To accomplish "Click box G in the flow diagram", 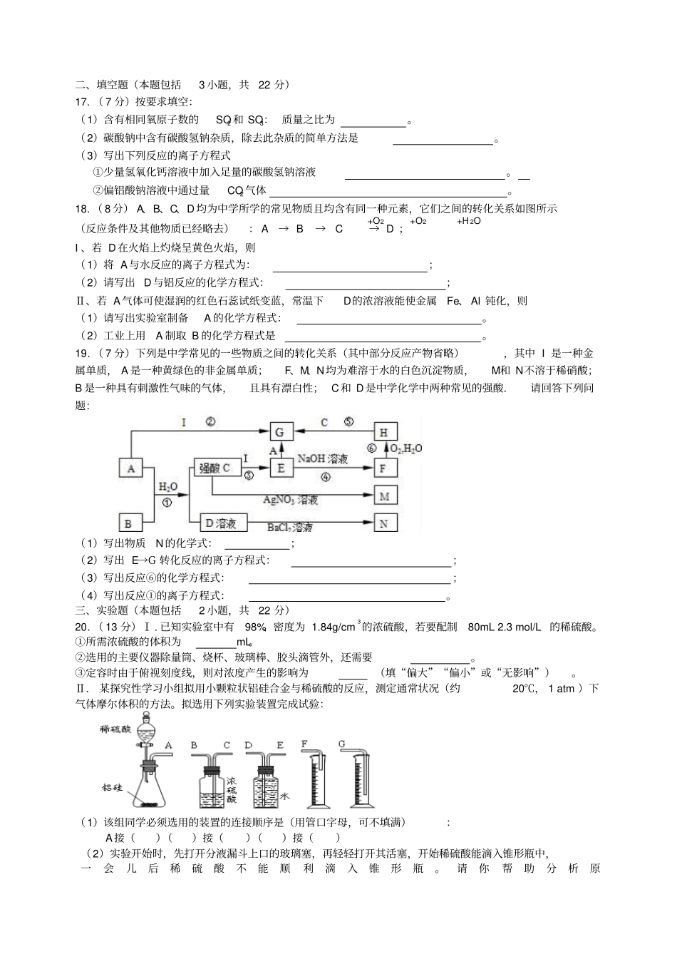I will pos(279,432).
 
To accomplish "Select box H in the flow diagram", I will pos(384,432).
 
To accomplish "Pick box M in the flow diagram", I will pos(385,496).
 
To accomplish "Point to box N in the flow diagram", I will pos(385,523).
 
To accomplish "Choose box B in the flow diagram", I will pos(129,523).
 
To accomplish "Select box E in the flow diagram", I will pos(281,468).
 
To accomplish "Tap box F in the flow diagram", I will pos(384,468).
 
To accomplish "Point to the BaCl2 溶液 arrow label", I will pos(289,528).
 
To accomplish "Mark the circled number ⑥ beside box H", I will pos(371,448).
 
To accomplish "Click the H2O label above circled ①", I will pos(167,487).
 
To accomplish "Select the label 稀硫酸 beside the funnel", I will pos(115,729).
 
